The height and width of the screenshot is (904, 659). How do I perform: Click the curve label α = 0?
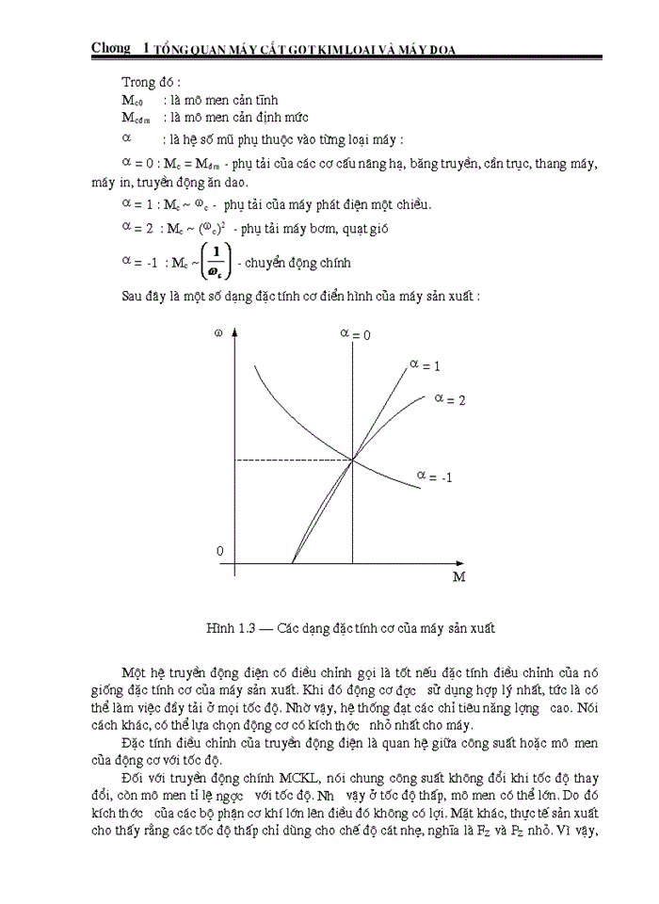pyautogui.click(x=354, y=334)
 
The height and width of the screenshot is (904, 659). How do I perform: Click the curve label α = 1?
pyautogui.click(x=426, y=363)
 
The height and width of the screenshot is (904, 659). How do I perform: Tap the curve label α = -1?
pyautogui.click(x=435, y=476)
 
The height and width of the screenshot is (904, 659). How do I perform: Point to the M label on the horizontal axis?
pyautogui.click(x=458, y=576)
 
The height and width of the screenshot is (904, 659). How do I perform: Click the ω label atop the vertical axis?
pyautogui.click(x=218, y=334)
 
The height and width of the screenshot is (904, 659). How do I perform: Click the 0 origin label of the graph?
pyautogui.click(x=220, y=550)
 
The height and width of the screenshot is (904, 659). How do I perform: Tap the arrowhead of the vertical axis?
pyautogui.click(x=234, y=331)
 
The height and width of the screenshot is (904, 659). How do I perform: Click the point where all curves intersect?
pyautogui.click(x=353, y=460)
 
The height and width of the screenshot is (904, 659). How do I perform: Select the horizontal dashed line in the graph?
pyautogui.click(x=293, y=460)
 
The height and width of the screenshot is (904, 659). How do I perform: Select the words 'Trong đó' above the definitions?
pyautogui.click(x=150, y=82)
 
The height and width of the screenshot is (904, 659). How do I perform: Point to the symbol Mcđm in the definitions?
pyautogui.click(x=138, y=118)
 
